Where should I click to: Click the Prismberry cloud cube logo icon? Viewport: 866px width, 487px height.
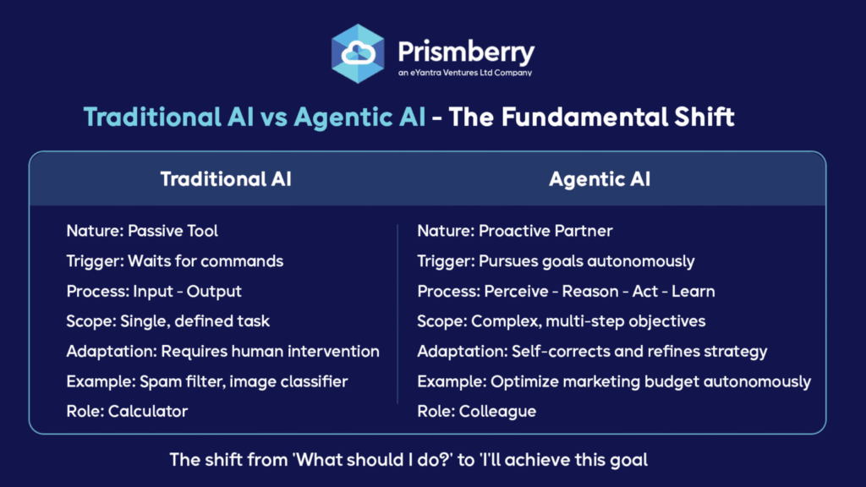coord(358,53)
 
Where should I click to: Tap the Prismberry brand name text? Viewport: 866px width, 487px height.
coord(466,53)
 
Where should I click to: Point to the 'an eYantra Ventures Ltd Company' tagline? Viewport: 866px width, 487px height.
coord(465,73)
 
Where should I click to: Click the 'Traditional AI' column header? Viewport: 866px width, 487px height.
coord(226,179)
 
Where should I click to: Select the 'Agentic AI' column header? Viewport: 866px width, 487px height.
coord(600,179)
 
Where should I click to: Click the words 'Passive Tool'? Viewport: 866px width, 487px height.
coord(173,231)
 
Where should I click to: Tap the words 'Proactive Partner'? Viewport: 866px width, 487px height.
coord(545,231)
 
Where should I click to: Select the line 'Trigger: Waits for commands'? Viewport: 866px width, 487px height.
coord(174,261)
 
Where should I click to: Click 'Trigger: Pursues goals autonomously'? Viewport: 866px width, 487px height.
coord(556,261)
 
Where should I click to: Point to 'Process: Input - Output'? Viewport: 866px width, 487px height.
coord(154,292)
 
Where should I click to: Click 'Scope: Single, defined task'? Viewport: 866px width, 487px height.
coord(168,321)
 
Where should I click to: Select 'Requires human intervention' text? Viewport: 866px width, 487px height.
coord(270,352)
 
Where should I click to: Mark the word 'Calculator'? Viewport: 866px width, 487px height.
coord(148,412)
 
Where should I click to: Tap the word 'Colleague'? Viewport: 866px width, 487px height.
coord(497,412)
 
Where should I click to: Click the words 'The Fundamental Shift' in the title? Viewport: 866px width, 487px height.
coord(591,117)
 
